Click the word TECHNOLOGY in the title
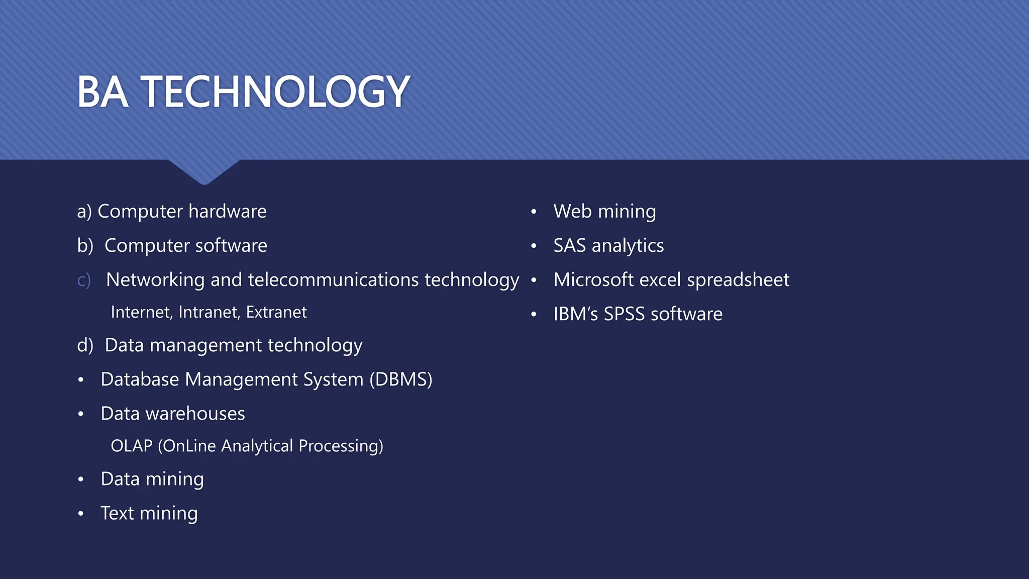pos(275,91)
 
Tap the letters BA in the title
pos(102,91)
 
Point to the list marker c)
pos(84,280)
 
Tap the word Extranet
pos(276,312)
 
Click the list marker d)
pos(85,345)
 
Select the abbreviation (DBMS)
pos(401,379)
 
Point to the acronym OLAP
pos(131,446)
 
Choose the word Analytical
pos(257,446)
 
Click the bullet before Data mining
pos(81,479)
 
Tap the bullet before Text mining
pos(81,514)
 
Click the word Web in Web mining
pos(572,212)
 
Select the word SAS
pos(569,246)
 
